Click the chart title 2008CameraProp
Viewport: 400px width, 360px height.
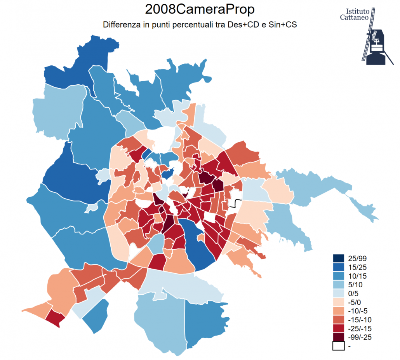click(x=200, y=9)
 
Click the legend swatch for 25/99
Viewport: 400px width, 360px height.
click(x=338, y=259)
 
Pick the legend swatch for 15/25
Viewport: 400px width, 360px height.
click(x=338, y=267)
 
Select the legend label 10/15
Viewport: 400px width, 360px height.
click(x=357, y=276)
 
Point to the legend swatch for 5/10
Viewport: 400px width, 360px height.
click(x=338, y=285)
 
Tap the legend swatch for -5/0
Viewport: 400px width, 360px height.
click(x=338, y=302)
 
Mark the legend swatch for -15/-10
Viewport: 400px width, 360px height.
click(x=338, y=320)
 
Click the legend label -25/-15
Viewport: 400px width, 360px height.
click(x=360, y=329)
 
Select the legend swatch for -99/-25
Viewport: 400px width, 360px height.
click(x=338, y=337)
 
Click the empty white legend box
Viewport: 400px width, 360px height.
click(x=338, y=346)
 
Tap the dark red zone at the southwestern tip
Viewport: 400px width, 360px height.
click(x=55, y=318)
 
